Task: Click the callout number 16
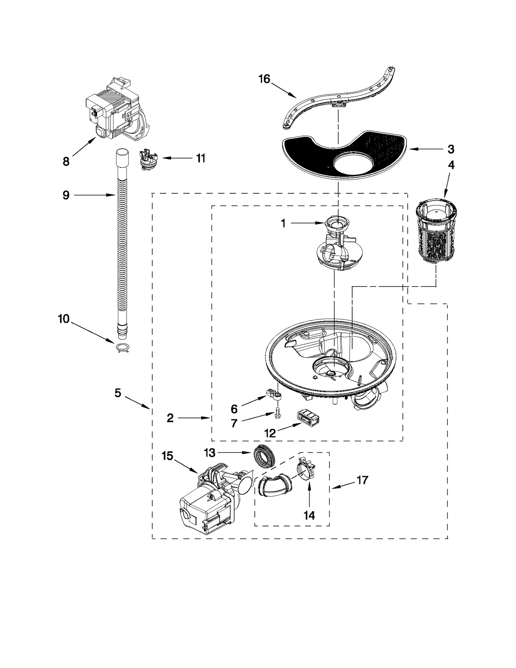[264, 79]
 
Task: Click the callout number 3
[451, 149]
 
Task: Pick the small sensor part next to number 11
[149, 159]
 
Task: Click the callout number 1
[283, 223]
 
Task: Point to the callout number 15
[167, 456]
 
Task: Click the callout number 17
[362, 480]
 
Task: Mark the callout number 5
[118, 393]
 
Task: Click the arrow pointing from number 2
[193, 418]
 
